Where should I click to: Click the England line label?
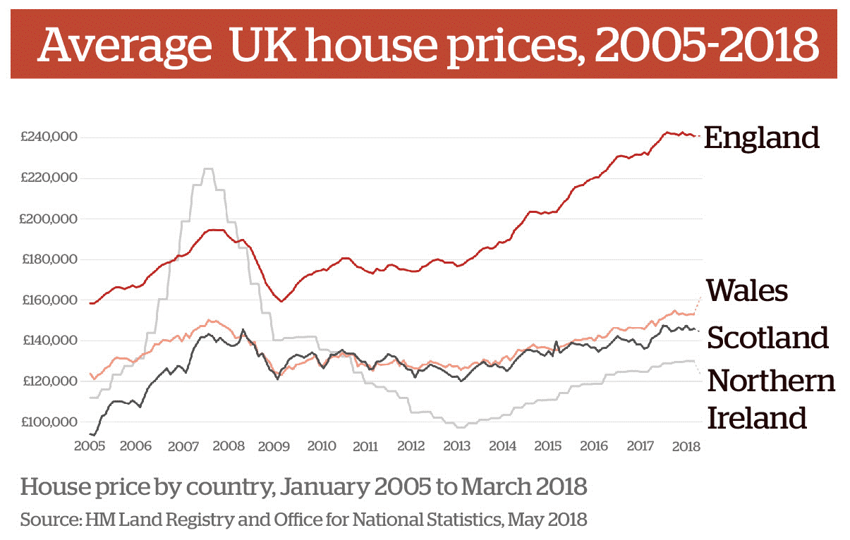coord(761,137)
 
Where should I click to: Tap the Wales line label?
coord(747,290)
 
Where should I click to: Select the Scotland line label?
coord(767,338)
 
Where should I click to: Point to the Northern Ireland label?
coord(770,399)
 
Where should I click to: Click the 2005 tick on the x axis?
coord(90,446)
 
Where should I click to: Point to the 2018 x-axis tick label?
coord(686,446)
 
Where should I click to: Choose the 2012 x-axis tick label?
coord(411,446)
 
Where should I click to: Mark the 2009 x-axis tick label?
coord(274,446)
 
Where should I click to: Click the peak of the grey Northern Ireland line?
coord(208,169)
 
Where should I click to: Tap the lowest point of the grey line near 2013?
coord(460,427)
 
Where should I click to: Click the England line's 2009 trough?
coord(281,301)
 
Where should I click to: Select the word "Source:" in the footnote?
coord(50,520)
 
